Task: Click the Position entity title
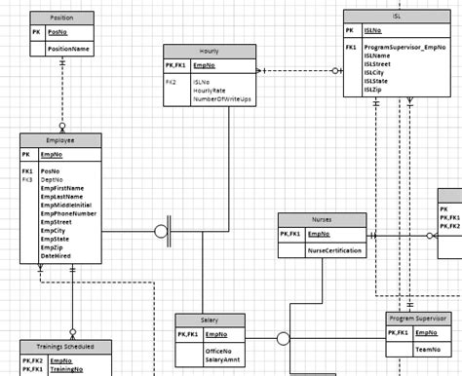(62, 18)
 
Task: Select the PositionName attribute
(68, 47)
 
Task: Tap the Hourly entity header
(209, 50)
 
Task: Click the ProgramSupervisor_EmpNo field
(405, 47)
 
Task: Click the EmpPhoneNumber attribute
(68, 213)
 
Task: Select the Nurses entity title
(322, 220)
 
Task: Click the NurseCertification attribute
(336, 250)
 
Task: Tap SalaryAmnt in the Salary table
(225, 360)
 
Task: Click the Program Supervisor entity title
(417, 318)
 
